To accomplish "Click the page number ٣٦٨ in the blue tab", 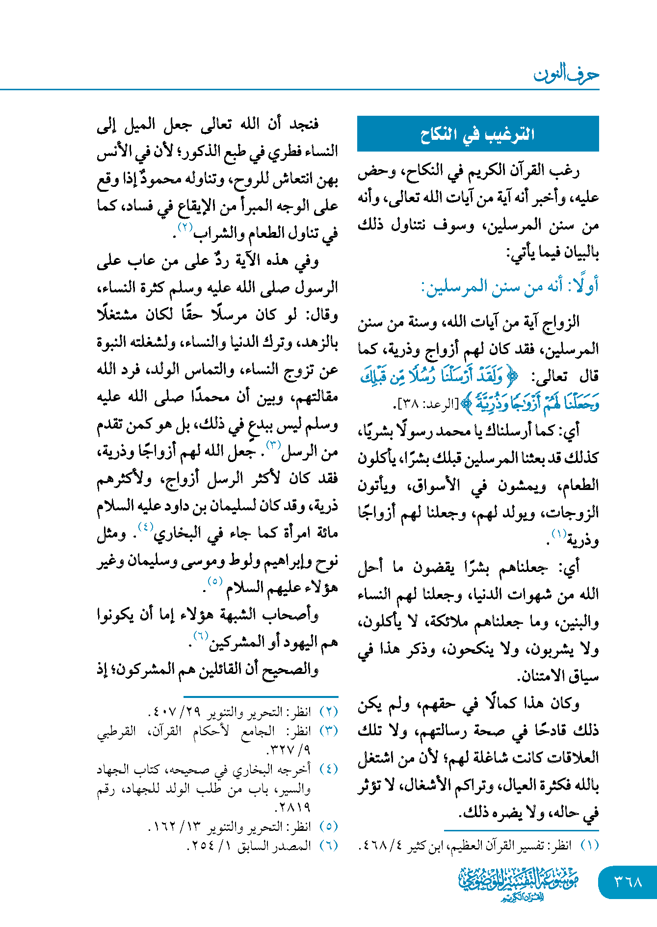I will pos(628,882).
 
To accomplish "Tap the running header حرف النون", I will pos(566,75).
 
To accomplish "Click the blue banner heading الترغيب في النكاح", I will pos(477,134).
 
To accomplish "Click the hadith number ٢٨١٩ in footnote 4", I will pos(294,807).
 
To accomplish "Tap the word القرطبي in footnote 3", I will pos(116,731).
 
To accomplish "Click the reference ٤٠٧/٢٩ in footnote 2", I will pos(175,711).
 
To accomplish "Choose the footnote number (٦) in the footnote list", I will pos(329,846).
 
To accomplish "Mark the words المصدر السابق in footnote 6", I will pos(274,846).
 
